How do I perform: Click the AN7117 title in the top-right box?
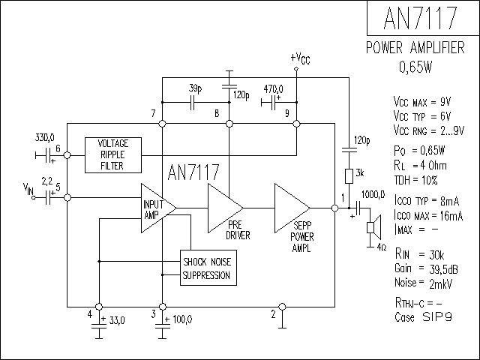point(422,19)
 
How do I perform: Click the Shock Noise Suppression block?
point(206,268)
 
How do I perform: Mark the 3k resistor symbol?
point(349,176)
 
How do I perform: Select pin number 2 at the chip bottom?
point(273,314)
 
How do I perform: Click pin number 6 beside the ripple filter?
point(58,148)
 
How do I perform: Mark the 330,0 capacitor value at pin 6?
point(45,138)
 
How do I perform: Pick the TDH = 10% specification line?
point(415,181)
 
